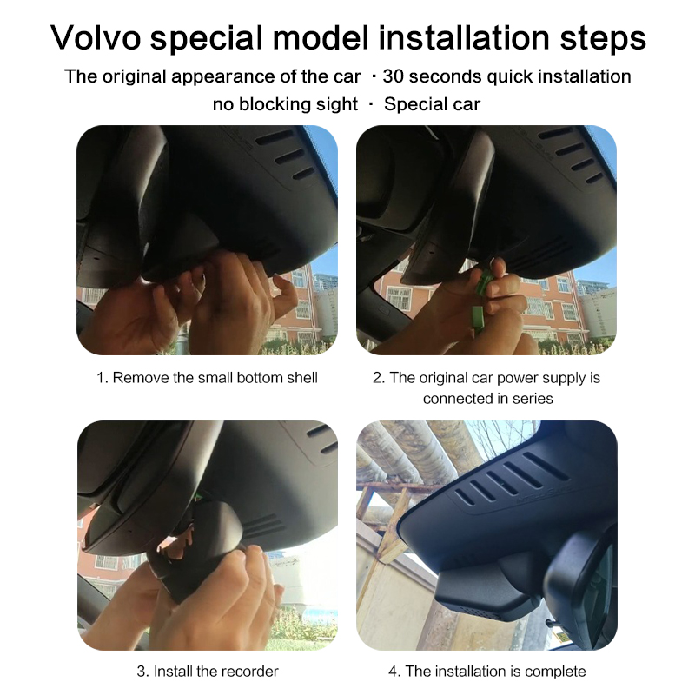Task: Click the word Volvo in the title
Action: coord(96,37)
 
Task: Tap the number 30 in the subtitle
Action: coord(393,76)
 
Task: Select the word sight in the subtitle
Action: coord(336,104)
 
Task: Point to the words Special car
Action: coord(432,104)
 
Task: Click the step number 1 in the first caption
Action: coord(102,378)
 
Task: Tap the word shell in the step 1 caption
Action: coord(302,378)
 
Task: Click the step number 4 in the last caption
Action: coord(394,671)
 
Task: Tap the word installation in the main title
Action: coord(464,37)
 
